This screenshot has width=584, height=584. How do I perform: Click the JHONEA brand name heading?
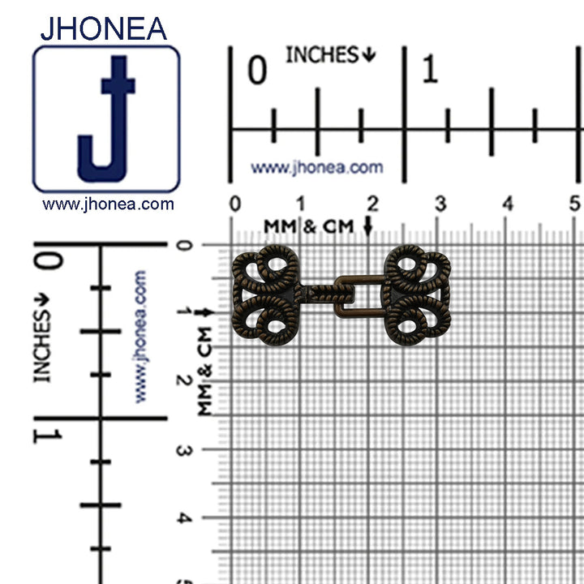click(x=104, y=28)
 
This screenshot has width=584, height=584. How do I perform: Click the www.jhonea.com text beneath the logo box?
click(x=108, y=204)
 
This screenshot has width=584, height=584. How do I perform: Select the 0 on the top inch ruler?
click(x=257, y=70)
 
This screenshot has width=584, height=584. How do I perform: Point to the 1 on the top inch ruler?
click(x=430, y=68)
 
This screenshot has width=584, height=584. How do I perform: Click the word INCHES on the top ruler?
click(x=322, y=55)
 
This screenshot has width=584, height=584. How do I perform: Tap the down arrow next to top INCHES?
click(x=369, y=55)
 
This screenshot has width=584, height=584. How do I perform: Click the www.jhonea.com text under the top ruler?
click(x=317, y=168)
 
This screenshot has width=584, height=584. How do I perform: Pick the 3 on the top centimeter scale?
click(x=440, y=204)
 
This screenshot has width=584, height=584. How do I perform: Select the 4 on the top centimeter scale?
click(x=508, y=204)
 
